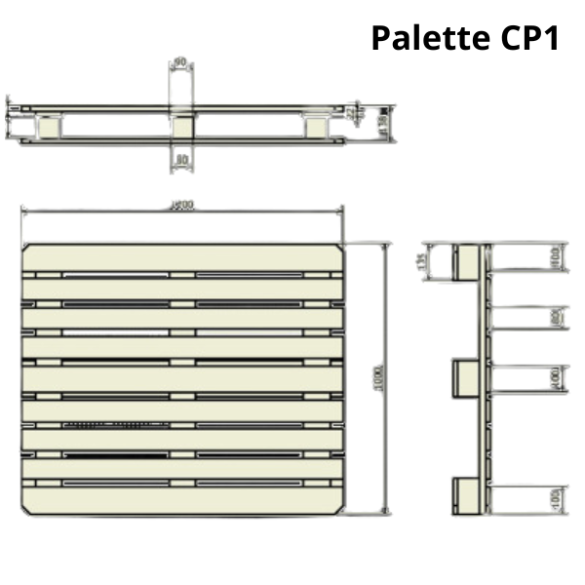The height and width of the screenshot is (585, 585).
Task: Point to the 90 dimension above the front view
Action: pyautogui.click(x=180, y=64)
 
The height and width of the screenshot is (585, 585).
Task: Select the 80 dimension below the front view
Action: pyautogui.click(x=181, y=158)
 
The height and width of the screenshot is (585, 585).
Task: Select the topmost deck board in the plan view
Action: pyautogui.click(x=182, y=257)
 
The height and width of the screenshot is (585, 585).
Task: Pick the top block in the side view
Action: pyautogui.click(x=466, y=260)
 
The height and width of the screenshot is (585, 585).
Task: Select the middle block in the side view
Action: pyautogui.click(x=466, y=378)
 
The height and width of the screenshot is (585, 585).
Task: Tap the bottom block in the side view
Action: pyautogui.click(x=466, y=497)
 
